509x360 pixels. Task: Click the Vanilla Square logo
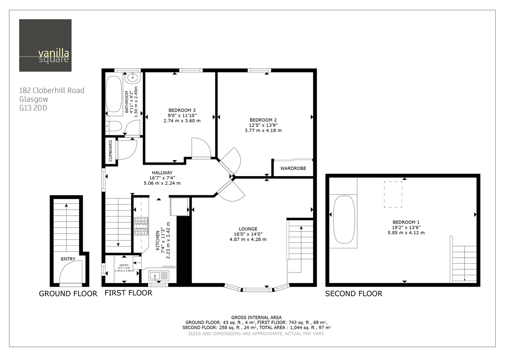pyautogui.click(x=45, y=45)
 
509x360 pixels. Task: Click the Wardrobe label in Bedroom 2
pyautogui.click(x=293, y=169)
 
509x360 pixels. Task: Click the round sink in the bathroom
pyautogui.click(x=133, y=77)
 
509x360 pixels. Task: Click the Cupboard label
pyautogui.click(x=111, y=151)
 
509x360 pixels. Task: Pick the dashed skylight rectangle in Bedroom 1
pyautogui.click(x=393, y=194)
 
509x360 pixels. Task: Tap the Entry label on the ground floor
pyautogui.click(x=68, y=259)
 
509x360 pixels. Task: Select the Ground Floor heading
pyautogui.click(x=68, y=293)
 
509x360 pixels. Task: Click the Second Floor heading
pyautogui.click(x=353, y=293)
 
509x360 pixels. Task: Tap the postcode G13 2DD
pyautogui.click(x=33, y=108)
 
